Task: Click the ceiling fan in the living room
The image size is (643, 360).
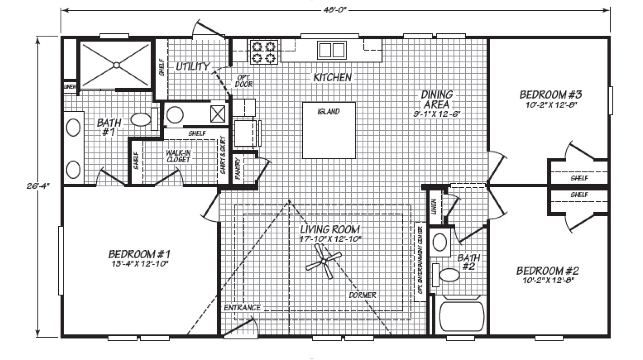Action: tap(324, 261)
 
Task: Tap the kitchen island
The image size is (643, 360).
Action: tap(329, 130)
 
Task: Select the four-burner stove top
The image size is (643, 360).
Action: tap(264, 52)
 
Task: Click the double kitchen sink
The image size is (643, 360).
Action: tap(332, 50)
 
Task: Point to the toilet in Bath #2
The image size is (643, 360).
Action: tap(445, 275)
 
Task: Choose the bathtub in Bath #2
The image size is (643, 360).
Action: tap(462, 317)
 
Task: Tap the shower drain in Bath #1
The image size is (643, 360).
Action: tap(116, 65)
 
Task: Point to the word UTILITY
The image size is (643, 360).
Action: tap(193, 66)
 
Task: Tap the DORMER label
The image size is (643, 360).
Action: tap(362, 295)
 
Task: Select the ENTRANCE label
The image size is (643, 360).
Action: tap(242, 307)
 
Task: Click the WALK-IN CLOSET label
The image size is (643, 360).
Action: tap(178, 156)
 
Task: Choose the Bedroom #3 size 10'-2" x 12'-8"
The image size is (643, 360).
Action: tap(550, 104)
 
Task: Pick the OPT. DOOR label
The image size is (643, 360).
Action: tap(244, 81)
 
